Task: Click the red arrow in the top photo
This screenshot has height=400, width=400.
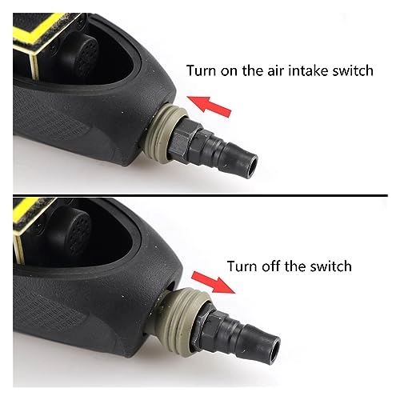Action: click(209, 106)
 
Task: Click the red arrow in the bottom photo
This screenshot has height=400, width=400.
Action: click(214, 282)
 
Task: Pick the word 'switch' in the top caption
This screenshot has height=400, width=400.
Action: click(352, 70)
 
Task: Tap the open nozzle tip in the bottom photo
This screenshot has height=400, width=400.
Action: click(273, 346)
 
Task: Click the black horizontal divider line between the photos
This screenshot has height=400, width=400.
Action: click(200, 195)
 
